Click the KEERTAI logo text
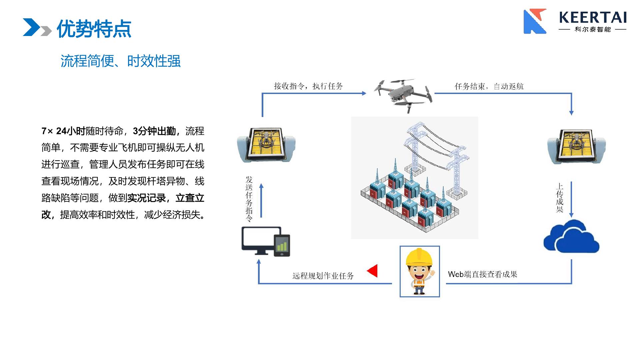click(x=592, y=17)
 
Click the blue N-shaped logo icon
click(x=535, y=22)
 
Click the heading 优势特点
click(x=94, y=29)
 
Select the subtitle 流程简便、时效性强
click(x=120, y=61)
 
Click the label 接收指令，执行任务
click(x=308, y=86)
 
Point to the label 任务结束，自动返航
click(x=489, y=87)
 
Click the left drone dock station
click(x=266, y=145)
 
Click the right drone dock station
click(x=576, y=146)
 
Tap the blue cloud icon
click(x=571, y=237)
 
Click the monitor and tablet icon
click(x=266, y=241)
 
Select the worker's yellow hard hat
click(x=419, y=257)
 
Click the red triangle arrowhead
click(x=373, y=271)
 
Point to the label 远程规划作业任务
click(x=323, y=276)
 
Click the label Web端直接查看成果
click(x=482, y=274)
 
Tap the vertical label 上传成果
click(x=559, y=198)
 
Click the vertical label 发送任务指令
click(x=249, y=199)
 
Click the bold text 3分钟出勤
click(x=154, y=131)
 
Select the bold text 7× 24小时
click(x=63, y=131)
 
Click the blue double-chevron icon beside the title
click(x=37, y=27)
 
